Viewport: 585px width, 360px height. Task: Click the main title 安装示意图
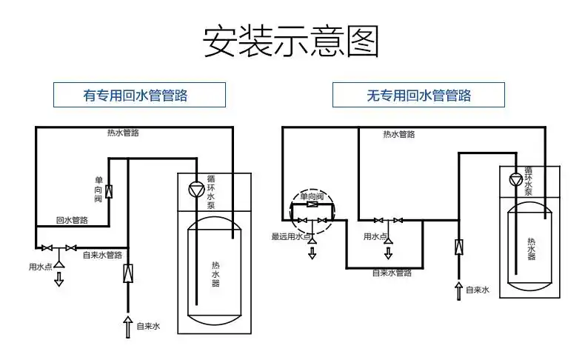coord(291,42)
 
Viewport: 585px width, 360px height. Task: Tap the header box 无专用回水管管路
coord(418,95)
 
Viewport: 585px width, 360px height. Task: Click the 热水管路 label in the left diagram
coord(123,133)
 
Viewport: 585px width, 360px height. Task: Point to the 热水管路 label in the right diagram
coord(398,134)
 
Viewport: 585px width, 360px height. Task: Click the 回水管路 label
coord(73,220)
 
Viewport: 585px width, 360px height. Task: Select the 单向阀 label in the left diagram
coord(98,190)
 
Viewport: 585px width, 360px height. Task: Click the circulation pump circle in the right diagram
coord(516,179)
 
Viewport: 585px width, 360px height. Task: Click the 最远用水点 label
coord(291,237)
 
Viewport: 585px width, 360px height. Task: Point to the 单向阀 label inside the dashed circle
coord(311,196)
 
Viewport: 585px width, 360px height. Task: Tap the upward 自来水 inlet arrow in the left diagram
coord(127,325)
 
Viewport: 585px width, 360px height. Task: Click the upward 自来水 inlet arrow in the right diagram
coord(458,290)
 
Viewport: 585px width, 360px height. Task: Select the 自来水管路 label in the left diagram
coord(102,256)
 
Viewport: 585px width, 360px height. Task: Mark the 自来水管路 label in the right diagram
coord(391,273)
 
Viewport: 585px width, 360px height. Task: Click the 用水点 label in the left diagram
coord(40,267)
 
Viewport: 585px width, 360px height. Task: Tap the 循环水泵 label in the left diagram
coord(211,192)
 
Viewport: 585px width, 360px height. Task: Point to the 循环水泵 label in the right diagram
coord(528,181)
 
